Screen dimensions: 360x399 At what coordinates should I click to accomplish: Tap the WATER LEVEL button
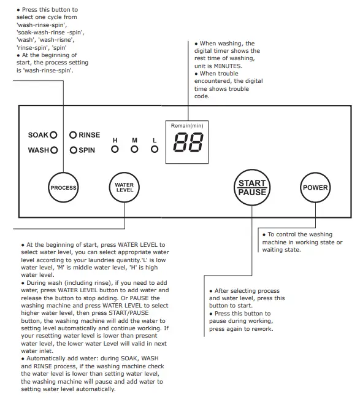(124, 188)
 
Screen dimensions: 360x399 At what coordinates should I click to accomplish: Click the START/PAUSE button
(252, 188)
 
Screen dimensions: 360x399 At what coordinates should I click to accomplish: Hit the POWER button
(315, 188)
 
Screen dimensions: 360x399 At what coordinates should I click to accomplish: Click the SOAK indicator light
(53, 135)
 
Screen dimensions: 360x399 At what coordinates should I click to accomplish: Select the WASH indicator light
(54, 150)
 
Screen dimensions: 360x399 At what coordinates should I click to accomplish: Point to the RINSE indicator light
(73, 135)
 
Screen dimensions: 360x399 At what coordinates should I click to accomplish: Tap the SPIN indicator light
(73, 150)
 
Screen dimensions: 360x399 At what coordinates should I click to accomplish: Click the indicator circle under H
(115, 149)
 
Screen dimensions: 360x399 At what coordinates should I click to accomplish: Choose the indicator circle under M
(134, 149)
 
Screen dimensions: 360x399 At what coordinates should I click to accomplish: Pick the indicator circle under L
(155, 149)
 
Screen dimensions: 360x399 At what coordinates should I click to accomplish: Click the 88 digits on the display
(188, 142)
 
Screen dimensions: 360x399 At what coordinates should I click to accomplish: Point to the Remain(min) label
(187, 126)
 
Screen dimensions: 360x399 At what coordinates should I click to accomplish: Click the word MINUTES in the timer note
(228, 66)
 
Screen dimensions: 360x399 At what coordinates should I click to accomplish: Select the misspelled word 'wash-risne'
(56, 40)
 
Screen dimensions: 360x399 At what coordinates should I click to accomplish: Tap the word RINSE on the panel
(90, 135)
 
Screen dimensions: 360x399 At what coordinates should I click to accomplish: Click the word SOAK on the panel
(38, 135)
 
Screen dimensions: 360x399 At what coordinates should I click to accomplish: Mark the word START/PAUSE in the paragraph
(129, 313)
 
